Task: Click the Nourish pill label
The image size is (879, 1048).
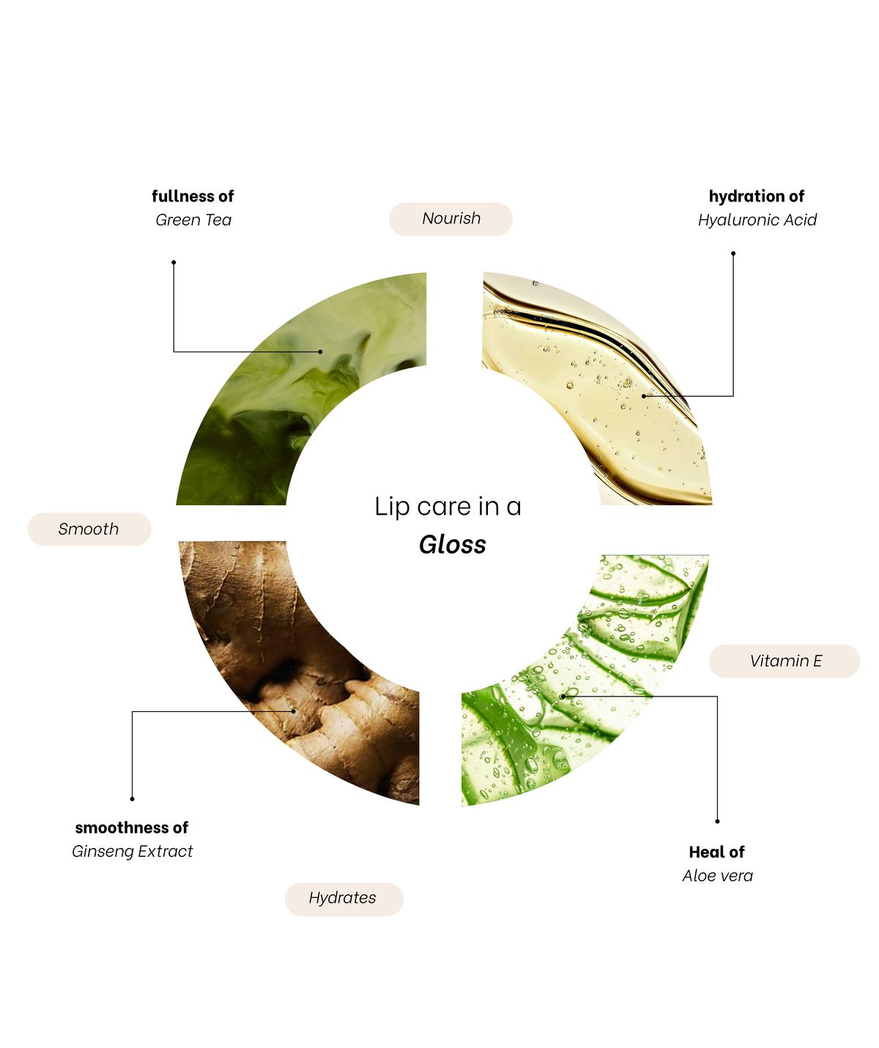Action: point(450,219)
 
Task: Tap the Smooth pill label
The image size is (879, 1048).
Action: point(89,529)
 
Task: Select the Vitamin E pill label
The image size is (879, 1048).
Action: point(784,661)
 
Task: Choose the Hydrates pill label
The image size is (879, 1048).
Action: point(344,897)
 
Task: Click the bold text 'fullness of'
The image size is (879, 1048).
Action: point(193,196)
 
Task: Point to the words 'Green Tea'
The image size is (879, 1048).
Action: point(193,220)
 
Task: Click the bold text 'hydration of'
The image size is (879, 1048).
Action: point(757,196)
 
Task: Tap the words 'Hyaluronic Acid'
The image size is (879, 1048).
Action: point(757,220)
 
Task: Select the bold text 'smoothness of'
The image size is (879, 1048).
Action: point(132,828)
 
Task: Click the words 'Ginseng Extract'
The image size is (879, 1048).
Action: point(132,851)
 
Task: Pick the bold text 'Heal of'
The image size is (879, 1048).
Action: point(717,852)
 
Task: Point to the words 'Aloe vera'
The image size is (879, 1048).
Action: point(717,876)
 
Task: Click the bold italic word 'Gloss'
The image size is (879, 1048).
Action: point(453,545)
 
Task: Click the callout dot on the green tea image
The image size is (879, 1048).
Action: point(320,352)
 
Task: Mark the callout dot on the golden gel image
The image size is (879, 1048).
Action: point(644,396)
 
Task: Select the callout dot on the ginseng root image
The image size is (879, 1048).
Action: point(294,711)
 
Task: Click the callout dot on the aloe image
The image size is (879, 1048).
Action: point(563,696)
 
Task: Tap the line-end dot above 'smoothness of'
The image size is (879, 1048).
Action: point(132,798)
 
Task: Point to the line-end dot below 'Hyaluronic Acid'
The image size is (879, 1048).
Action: point(733,253)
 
